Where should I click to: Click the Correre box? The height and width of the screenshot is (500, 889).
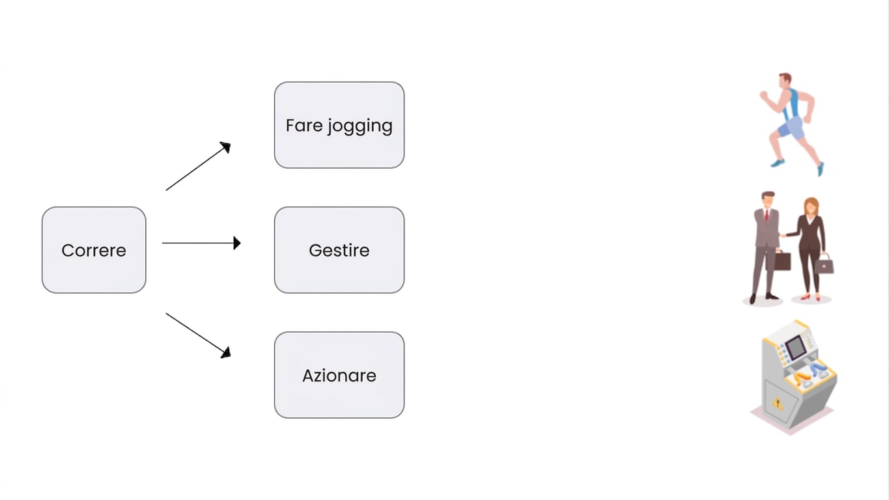tap(94, 250)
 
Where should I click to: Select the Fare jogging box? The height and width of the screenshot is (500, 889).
tap(339, 125)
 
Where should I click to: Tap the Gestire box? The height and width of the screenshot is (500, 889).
tap(339, 250)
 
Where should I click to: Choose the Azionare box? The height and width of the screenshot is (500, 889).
tap(339, 375)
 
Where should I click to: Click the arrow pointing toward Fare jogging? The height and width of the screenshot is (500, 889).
tap(198, 166)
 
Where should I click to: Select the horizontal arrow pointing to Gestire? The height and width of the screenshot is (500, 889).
tap(201, 243)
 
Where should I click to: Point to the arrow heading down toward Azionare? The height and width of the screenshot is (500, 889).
tap(198, 335)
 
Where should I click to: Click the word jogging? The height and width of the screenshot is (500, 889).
tap(360, 126)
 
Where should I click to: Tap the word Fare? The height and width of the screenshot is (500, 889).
tap(304, 126)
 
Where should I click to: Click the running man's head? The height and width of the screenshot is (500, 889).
tap(785, 81)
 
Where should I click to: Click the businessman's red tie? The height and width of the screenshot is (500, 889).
tap(767, 215)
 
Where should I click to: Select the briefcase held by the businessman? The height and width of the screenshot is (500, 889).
tap(782, 260)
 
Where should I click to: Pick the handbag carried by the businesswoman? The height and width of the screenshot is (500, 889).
tap(825, 264)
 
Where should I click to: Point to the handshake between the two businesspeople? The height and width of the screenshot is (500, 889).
tap(783, 236)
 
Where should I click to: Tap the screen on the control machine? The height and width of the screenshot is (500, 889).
tap(796, 347)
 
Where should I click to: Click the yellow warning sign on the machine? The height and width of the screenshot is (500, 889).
tap(778, 404)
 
